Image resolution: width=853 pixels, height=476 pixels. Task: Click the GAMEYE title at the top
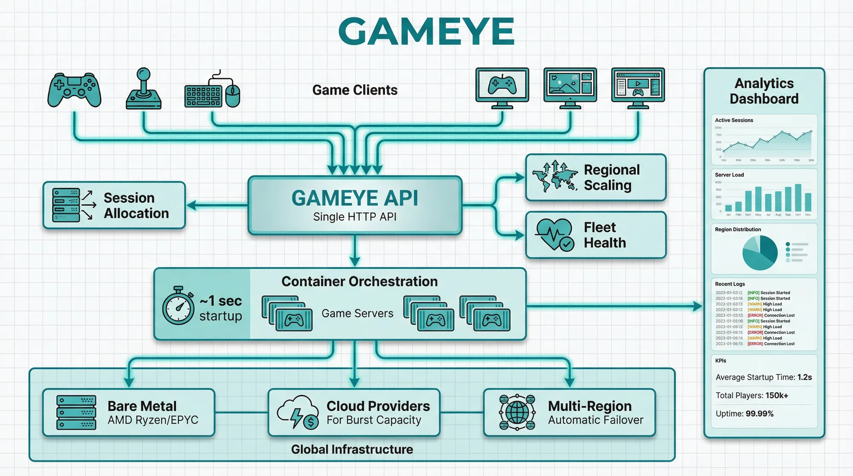[426, 32]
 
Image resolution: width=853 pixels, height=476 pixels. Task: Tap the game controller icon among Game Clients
[74, 90]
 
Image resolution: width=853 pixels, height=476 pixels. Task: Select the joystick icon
[144, 90]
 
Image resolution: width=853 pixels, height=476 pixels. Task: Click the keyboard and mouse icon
[212, 92]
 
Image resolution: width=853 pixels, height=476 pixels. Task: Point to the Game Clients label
[354, 90]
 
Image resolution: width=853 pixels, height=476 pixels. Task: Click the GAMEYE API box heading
[354, 198]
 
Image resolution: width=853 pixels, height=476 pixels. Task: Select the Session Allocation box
[114, 205]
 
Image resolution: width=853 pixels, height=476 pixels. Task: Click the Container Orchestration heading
[360, 281]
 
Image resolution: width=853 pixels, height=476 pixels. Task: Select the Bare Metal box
[128, 412]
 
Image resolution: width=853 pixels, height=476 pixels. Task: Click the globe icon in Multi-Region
[517, 412]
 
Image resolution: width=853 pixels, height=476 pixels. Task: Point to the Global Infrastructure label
[352, 449]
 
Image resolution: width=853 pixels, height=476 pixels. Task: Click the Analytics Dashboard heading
[764, 91]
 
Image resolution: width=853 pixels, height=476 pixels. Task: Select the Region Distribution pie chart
[760, 253]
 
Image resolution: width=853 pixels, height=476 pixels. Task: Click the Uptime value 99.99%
[759, 414]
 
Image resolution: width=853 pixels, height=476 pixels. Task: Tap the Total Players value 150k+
[777, 395]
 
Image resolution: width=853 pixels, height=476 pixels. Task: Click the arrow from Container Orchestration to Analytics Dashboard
[614, 306]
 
